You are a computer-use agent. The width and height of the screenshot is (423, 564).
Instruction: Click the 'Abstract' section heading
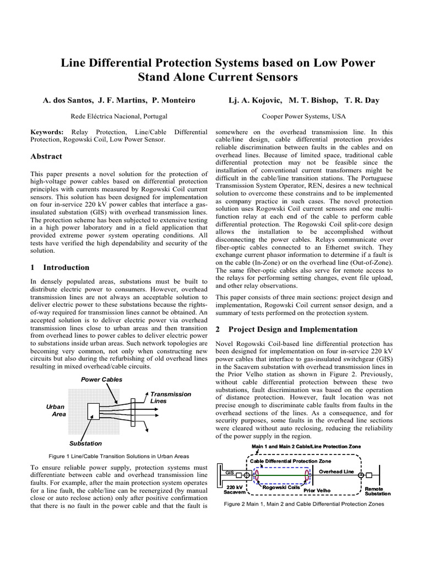[x=46, y=156]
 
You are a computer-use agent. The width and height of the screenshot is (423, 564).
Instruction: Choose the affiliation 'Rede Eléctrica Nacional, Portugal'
[x=120, y=117]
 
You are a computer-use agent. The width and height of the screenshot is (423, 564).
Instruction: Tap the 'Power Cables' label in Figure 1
[x=101, y=380]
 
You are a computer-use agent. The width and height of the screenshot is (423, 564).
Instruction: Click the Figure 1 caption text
[x=119, y=456]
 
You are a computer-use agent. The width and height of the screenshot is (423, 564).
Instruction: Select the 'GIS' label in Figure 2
[x=230, y=473]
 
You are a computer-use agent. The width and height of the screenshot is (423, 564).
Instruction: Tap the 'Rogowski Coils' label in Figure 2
[x=281, y=487]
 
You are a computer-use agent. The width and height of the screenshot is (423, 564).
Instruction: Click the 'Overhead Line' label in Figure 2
[x=337, y=472]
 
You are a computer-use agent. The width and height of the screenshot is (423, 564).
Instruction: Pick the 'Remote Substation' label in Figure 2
[x=377, y=491]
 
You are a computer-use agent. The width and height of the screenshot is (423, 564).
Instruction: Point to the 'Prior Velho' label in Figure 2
[x=317, y=490]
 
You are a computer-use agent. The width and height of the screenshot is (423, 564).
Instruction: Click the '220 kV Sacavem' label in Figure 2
[x=234, y=490]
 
